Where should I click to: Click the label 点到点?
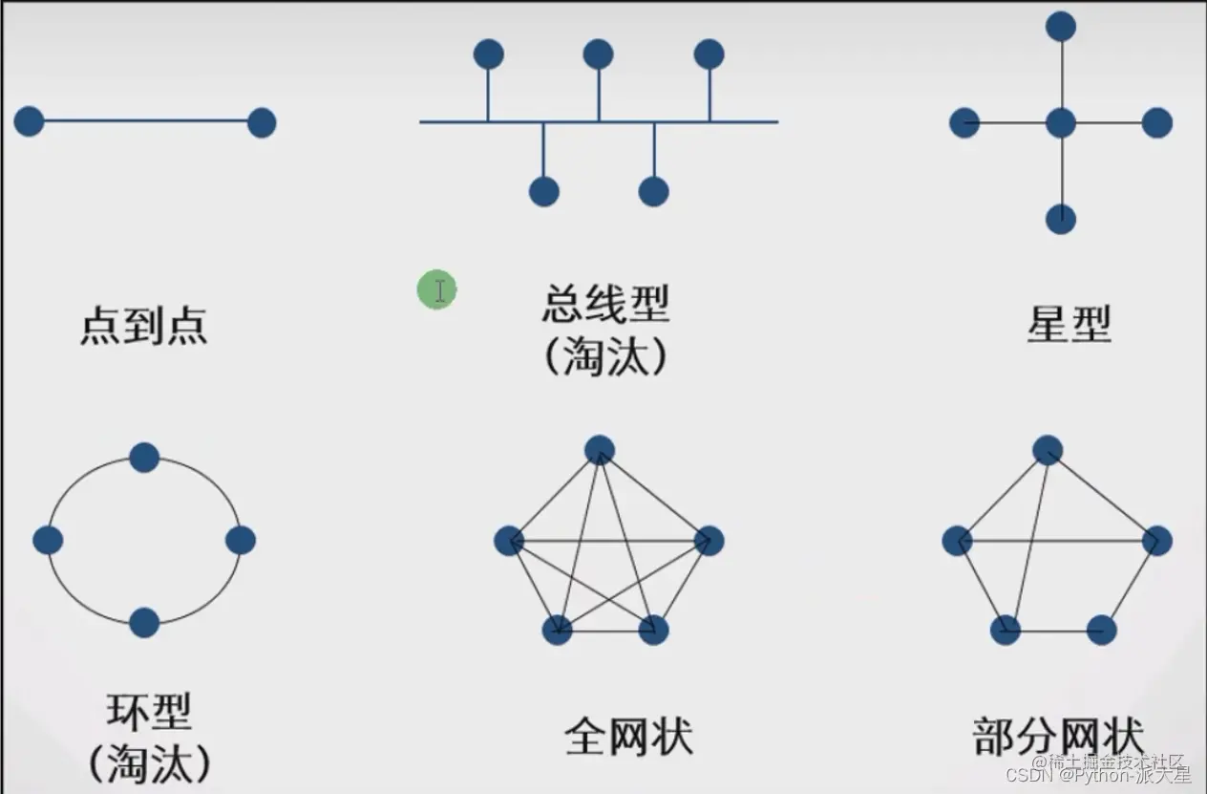143,326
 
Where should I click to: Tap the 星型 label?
1069,326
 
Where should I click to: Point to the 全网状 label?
628,737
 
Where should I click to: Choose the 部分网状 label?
1057,737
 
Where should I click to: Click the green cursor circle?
436,290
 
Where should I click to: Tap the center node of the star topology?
1061,123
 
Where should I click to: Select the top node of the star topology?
1061,26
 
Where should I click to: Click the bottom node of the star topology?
1061,219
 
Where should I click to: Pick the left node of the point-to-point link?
29,121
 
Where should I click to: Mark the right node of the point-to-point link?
262,123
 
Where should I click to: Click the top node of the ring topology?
144,458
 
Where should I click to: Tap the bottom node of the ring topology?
144,622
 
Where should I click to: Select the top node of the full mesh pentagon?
600,449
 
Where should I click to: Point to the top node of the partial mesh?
1048,450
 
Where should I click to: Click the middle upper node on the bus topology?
599,54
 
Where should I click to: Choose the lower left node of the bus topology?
544,191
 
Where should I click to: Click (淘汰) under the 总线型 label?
605,357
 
